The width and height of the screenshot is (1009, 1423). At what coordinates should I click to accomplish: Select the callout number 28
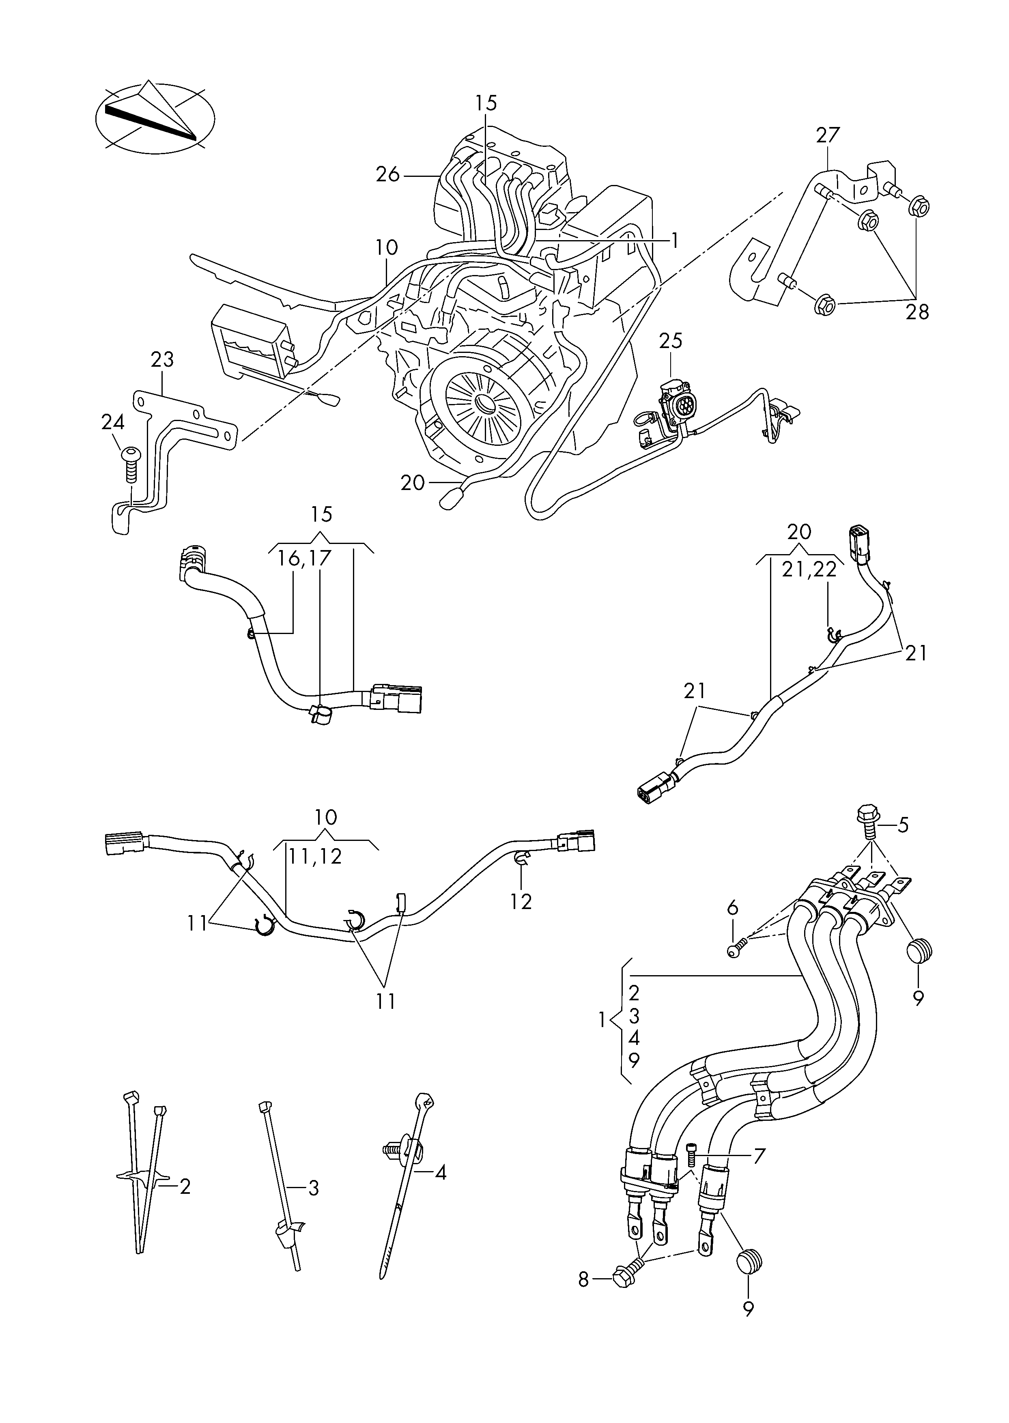pyautogui.click(x=917, y=312)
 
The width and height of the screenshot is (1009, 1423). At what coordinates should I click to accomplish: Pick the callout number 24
pyautogui.click(x=113, y=422)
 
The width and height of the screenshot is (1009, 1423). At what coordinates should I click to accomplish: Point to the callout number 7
pyautogui.click(x=759, y=1155)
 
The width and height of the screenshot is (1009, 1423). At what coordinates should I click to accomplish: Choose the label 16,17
pyautogui.click(x=304, y=558)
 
